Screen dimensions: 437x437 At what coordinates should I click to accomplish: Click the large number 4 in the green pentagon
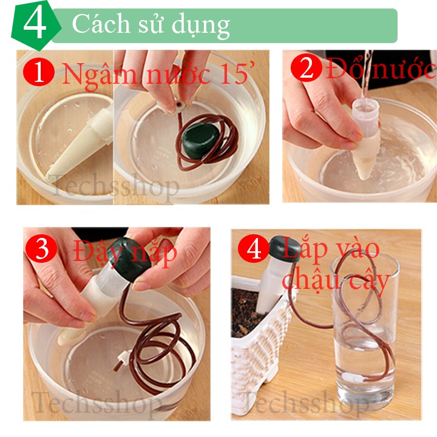pos(35,24)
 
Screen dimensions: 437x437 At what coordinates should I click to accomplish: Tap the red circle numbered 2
pos(307,67)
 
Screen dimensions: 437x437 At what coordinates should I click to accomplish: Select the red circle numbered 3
pos(41,248)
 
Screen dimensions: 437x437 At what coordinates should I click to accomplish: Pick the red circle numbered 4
pos(254,248)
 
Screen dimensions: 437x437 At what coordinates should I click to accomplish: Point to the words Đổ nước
pos(381,68)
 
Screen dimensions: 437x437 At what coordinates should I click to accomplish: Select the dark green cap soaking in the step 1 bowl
pos(201,140)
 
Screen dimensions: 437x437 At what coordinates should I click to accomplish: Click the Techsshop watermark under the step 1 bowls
pos(114,185)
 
